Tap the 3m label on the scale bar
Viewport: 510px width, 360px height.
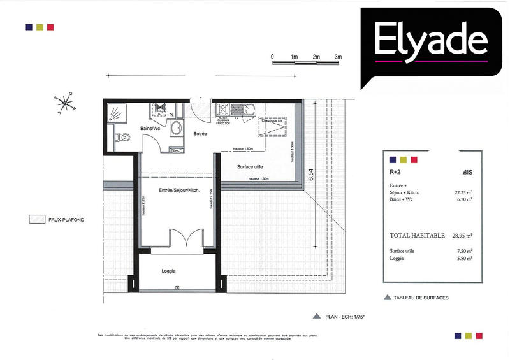(338, 57)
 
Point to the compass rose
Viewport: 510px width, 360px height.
(66, 103)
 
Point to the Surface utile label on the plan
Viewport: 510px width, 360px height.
(251, 167)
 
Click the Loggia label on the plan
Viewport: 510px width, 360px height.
(169, 271)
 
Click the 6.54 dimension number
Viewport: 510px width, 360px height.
(311, 176)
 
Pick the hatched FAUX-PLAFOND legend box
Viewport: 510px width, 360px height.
(36, 220)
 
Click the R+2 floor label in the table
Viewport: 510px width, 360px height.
(396, 172)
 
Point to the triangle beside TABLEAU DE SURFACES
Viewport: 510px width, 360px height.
(386, 298)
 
